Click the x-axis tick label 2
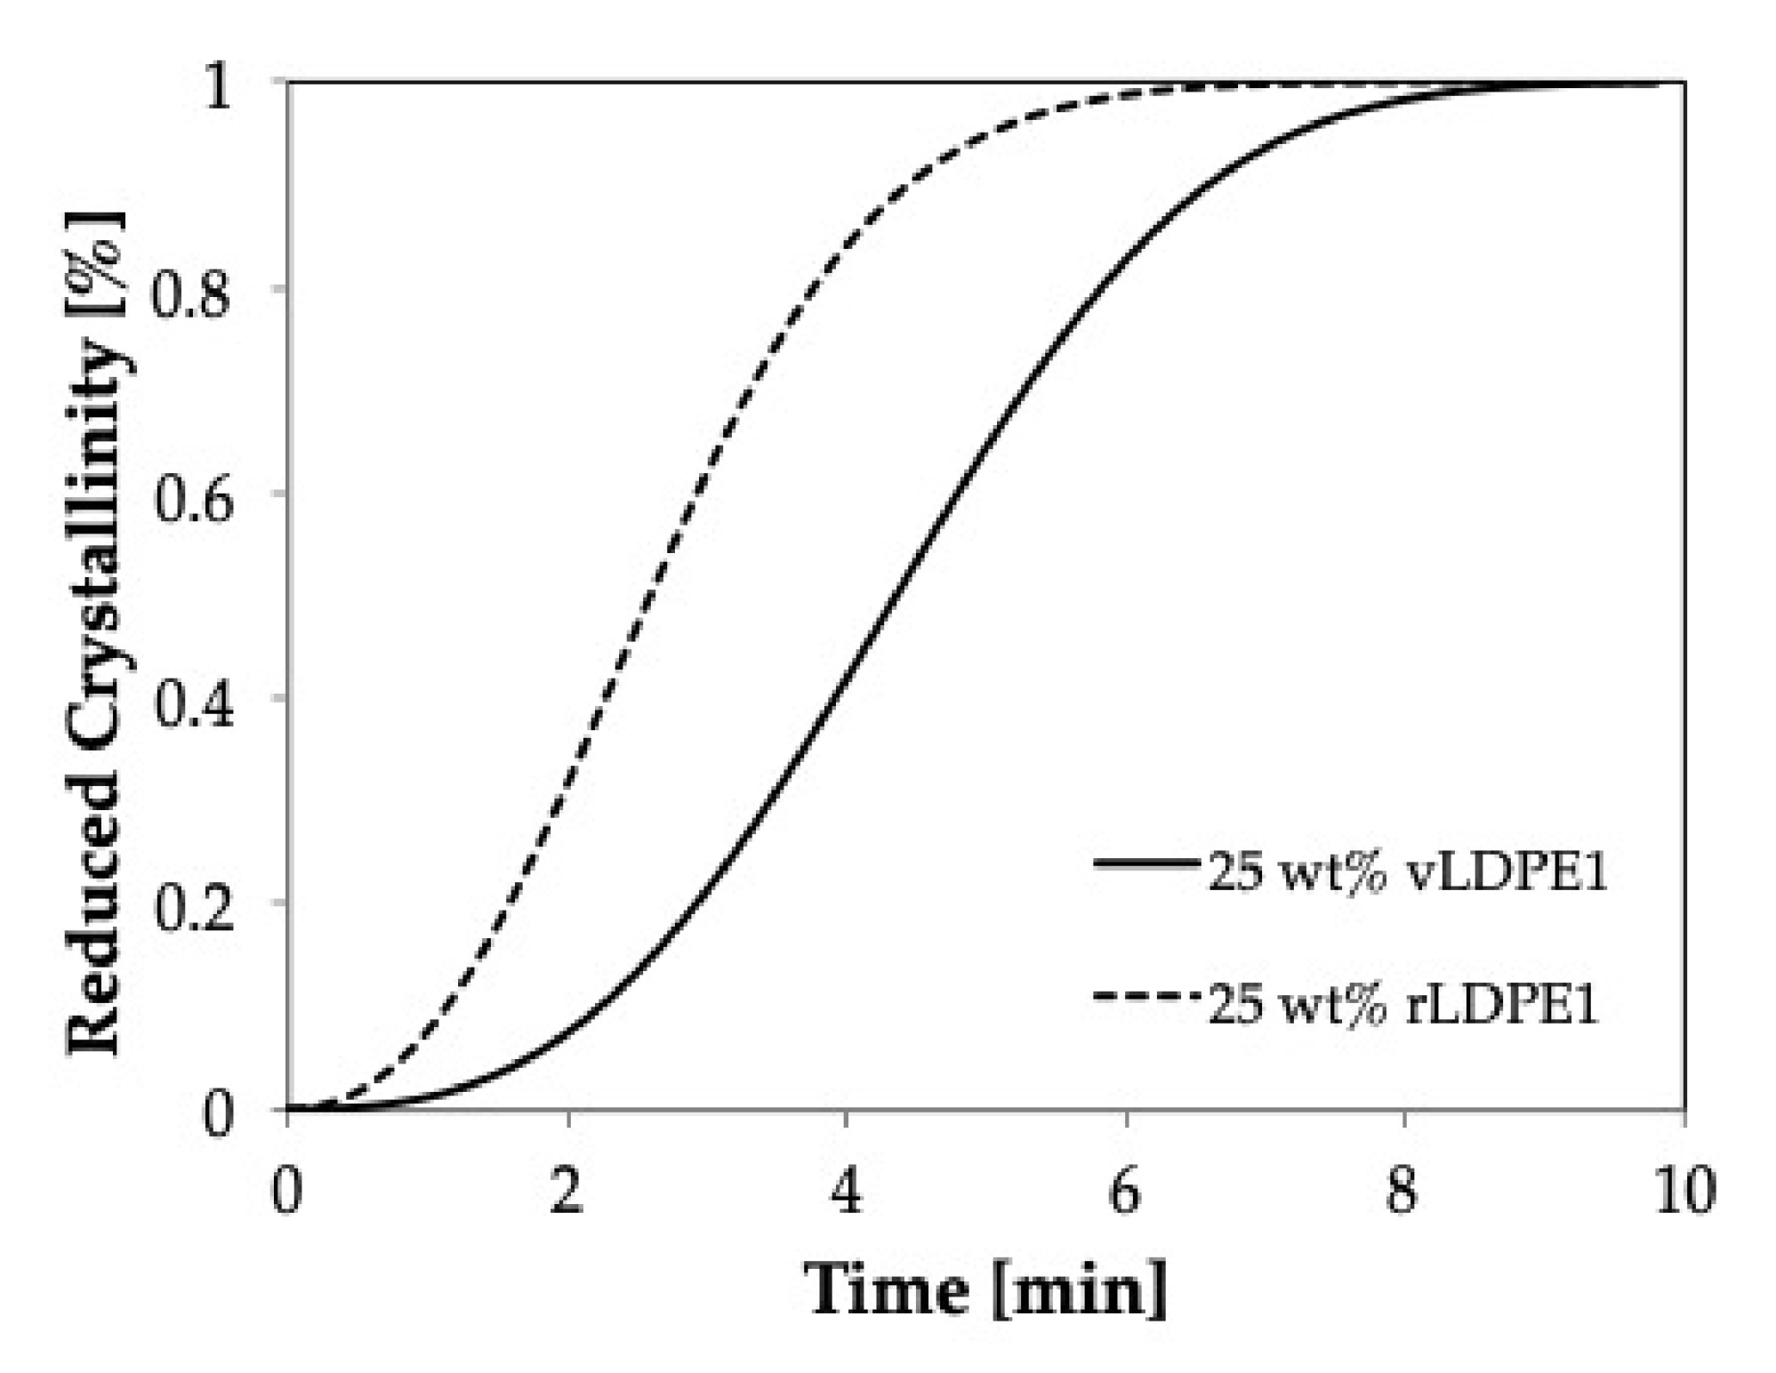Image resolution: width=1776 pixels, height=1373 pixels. click(567, 1192)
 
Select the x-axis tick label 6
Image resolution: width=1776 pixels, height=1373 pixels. click(1125, 1192)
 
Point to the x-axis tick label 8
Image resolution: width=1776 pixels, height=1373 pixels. click(1403, 1192)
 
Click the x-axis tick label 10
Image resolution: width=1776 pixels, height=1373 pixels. click(1682, 1192)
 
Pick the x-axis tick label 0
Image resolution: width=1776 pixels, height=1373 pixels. click(287, 1192)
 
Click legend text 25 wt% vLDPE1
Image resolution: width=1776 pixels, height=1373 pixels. click(1407, 874)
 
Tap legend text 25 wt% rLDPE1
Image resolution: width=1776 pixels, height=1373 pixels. click(1403, 1007)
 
